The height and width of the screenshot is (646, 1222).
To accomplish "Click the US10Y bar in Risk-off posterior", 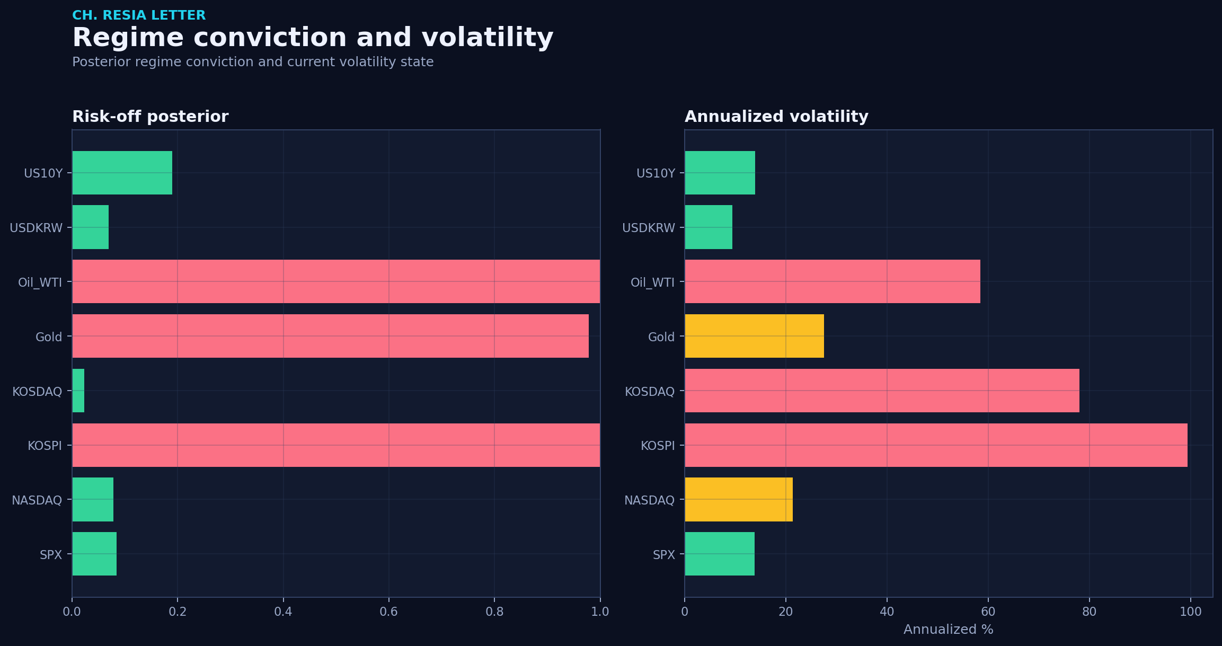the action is pos(122,173).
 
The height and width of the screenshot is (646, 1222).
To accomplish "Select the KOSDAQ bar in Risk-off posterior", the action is pos(78,391).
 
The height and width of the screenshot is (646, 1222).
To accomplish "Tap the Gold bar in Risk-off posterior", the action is pos(330,336).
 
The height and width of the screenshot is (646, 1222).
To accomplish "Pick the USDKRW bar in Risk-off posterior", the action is pos(90,227).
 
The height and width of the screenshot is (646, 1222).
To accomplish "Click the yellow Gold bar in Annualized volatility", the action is pos(754,336).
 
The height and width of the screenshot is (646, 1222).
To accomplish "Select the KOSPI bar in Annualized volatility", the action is pos(936,445).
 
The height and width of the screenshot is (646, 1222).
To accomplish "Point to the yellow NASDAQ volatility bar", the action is pos(739,500).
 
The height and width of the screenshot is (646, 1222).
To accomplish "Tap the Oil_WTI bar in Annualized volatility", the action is pos(833,281).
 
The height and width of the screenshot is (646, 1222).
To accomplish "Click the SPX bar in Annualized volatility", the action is pos(720,554).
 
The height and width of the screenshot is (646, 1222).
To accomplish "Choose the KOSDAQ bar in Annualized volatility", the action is pos(882,391).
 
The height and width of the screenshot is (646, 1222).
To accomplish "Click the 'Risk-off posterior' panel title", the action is pos(150,117).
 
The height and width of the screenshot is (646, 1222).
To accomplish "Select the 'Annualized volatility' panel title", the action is pos(776,117).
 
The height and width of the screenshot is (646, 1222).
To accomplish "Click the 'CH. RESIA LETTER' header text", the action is pos(139,15).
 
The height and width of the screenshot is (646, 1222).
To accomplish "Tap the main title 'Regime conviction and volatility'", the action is pos(313,38).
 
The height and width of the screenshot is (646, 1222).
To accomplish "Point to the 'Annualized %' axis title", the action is pos(948,629).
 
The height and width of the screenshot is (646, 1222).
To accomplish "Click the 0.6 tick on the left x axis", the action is pos(389,612).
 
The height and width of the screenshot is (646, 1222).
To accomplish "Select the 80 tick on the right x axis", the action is pos(1090,612).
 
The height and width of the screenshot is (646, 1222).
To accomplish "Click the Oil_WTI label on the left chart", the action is pos(40,282).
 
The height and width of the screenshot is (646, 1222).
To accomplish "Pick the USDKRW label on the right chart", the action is pos(649,228).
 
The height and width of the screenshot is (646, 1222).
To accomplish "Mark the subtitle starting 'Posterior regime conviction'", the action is pos(253,62).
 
